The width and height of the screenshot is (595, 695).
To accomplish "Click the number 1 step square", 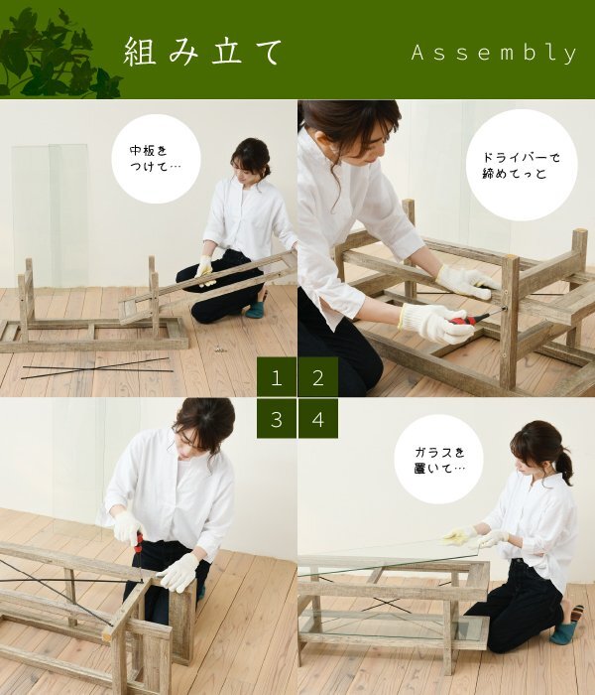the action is tap(277, 376).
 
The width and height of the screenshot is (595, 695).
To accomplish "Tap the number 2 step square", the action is tap(318, 376).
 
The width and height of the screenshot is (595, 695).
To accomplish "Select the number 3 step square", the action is tap(277, 418).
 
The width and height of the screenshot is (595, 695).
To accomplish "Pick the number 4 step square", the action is tap(318, 418).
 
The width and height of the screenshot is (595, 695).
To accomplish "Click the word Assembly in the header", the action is tap(494, 53).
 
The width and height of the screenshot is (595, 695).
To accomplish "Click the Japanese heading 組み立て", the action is tap(202, 52).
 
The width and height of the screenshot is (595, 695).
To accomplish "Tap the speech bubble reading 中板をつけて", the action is tap(156, 159).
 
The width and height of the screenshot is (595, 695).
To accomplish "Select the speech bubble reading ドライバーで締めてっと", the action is tap(522, 165).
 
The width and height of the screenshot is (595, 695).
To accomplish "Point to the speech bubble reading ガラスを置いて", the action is tap(438, 460).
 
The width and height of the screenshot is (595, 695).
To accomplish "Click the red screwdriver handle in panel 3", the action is tap(139, 543).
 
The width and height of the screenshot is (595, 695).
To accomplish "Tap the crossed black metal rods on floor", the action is tap(96, 368).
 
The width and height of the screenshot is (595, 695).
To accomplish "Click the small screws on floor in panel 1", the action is tap(220, 349).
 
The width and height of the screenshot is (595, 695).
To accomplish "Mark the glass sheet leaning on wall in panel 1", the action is tap(50, 215).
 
